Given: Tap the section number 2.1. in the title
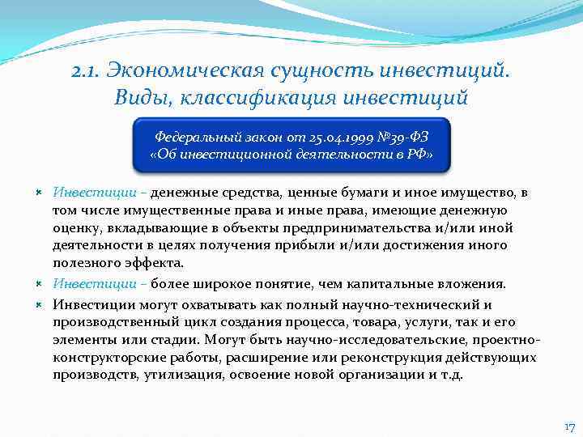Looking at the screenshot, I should (x=87, y=72).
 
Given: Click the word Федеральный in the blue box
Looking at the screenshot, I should (x=196, y=137).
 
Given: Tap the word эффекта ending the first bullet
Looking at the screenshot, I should (x=156, y=263).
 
